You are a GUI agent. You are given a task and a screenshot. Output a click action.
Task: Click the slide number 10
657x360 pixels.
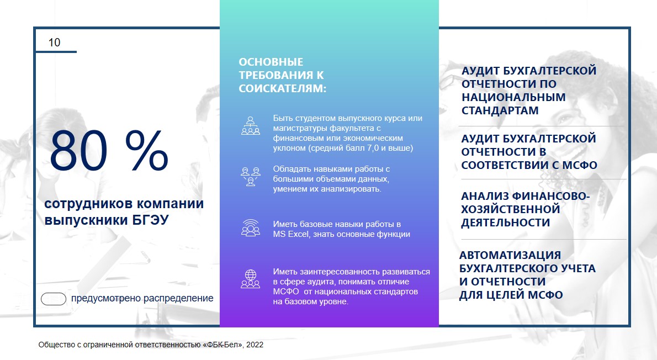tap(55, 43)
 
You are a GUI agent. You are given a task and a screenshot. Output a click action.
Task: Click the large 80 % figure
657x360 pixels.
tap(109, 150)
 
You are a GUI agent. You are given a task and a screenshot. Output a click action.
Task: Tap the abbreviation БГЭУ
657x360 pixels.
tap(148, 220)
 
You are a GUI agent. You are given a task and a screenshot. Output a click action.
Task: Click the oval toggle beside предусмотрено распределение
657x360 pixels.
tap(54, 299)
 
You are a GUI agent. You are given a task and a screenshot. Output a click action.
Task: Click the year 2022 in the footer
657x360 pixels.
tap(255, 345)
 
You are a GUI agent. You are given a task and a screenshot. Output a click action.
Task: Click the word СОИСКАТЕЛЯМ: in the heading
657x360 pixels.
tap(283, 89)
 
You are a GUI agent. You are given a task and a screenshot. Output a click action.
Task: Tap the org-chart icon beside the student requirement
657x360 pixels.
tap(251, 126)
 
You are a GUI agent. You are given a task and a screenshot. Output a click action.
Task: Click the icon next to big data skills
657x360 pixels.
tap(251, 177)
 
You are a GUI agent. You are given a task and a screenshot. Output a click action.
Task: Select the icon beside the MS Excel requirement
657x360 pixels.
tap(251, 228)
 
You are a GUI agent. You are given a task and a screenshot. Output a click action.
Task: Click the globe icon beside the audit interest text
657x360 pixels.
tap(251, 279)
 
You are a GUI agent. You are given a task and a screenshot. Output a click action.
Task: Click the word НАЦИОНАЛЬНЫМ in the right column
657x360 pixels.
tap(513, 97)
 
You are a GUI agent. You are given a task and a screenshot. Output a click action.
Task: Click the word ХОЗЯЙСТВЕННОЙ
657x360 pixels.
tap(511, 209)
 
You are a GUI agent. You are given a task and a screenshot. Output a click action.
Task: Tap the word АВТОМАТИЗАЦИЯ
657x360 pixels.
tap(510, 255)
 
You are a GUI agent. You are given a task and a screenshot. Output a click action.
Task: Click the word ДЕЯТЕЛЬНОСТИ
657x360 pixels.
tap(505, 223)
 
